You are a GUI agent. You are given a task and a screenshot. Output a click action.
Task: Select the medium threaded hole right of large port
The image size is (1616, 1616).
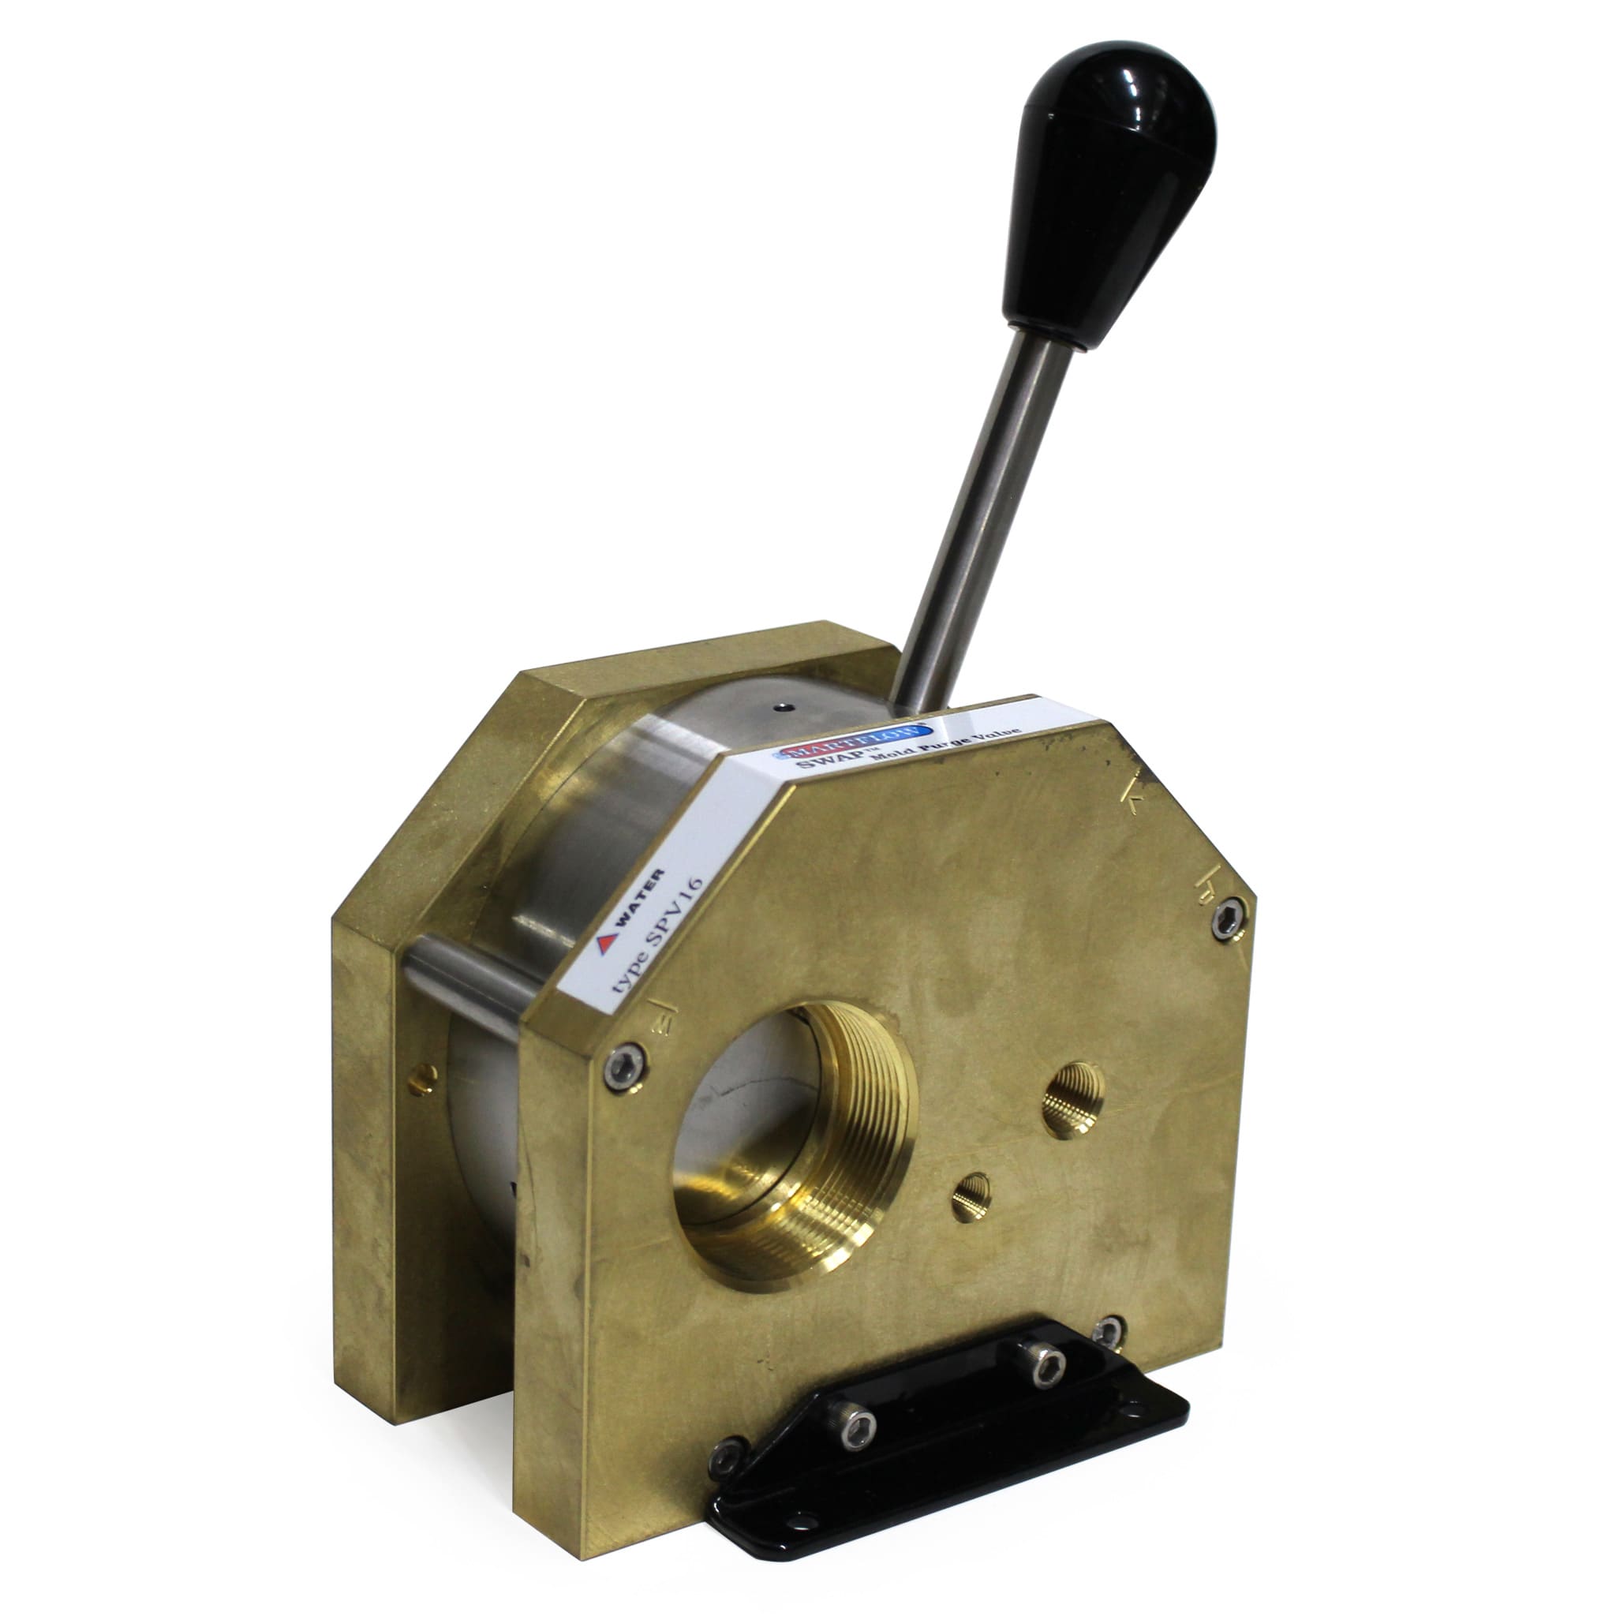point(1073,1099)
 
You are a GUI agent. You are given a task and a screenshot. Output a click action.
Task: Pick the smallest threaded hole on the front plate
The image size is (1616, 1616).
point(971,1196)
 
